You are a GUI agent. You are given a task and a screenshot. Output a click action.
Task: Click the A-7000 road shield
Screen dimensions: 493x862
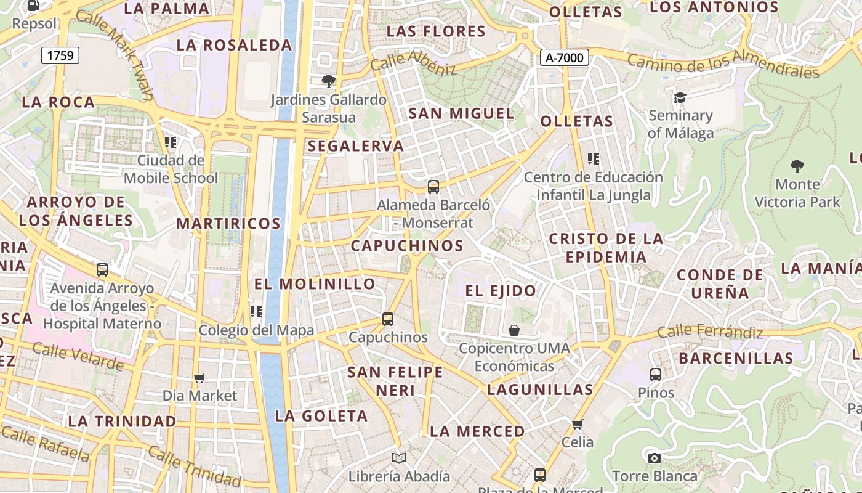coord(565,58)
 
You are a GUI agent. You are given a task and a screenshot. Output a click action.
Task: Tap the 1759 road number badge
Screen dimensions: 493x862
coord(60,55)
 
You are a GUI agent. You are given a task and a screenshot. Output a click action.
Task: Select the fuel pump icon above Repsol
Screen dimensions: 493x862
coord(34,6)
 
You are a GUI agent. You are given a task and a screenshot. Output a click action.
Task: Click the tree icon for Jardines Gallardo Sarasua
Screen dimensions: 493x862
coord(329,81)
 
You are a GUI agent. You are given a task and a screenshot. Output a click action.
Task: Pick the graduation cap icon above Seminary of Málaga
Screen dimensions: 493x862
coord(680,97)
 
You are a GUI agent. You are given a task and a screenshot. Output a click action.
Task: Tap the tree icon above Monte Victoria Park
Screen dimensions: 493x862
coord(797,166)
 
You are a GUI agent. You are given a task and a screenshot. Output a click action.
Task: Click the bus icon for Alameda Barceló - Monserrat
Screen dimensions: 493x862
coord(433,186)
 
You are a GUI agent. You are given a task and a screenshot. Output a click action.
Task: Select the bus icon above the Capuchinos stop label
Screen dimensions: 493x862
coord(387,319)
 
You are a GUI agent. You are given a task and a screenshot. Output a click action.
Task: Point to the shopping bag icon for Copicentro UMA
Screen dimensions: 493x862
coord(514,330)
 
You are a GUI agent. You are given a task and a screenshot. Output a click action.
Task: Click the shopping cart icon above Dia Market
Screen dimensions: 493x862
coord(199,377)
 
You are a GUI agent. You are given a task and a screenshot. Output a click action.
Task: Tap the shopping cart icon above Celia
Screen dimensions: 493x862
coord(577,424)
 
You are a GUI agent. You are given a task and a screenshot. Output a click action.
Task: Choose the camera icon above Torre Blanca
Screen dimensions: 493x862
coord(654,458)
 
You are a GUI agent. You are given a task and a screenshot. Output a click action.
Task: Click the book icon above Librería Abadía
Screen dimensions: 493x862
coord(399,458)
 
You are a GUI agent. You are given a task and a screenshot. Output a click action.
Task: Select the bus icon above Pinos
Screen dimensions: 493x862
coord(655,374)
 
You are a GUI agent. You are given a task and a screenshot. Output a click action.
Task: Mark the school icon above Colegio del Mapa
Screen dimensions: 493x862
coord(256,312)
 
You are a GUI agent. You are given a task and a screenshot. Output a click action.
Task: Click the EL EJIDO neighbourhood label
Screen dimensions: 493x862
coord(500,291)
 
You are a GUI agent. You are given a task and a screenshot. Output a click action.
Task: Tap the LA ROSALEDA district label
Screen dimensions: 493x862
coord(234,45)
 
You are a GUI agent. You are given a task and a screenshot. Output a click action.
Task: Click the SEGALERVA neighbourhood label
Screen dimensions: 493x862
coord(356,146)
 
